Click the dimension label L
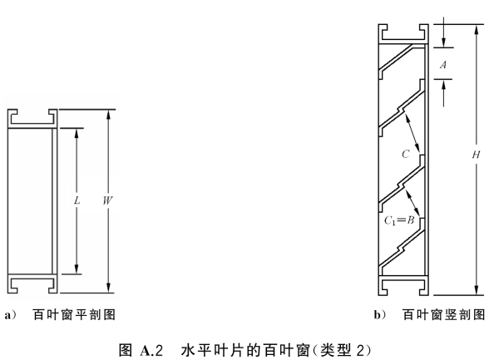(x=77, y=200)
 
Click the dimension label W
(x=107, y=200)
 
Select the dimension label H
(x=476, y=155)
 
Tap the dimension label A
(x=443, y=65)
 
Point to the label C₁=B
(x=399, y=220)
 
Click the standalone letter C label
(x=406, y=154)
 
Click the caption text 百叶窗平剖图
(x=74, y=314)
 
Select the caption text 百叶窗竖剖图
(x=444, y=314)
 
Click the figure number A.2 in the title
(x=151, y=350)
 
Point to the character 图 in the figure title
(x=126, y=350)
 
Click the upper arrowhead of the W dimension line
(x=108, y=114)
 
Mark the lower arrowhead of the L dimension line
(x=77, y=269)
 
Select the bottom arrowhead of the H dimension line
(x=477, y=290)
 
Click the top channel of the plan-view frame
(x=32, y=118)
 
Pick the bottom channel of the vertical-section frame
(x=403, y=285)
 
